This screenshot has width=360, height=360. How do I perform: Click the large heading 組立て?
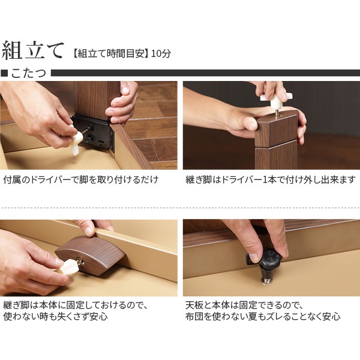[32, 50]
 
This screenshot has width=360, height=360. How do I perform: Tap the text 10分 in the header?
[161, 53]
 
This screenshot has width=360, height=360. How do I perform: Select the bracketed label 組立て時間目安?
[110, 53]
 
